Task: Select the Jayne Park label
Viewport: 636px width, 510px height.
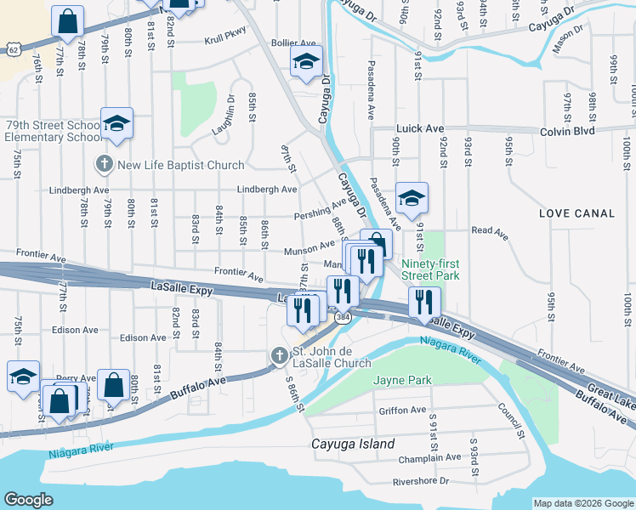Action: point(402,380)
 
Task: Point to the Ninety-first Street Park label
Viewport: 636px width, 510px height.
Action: point(430,269)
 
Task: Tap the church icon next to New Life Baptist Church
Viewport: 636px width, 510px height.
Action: point(105,164)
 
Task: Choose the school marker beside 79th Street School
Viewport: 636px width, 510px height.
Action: point(117,124)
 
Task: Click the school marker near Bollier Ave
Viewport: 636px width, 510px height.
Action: point(306,61)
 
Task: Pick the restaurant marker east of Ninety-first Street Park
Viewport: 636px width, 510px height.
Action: point(423,301)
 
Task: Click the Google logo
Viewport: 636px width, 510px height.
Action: point(29,500)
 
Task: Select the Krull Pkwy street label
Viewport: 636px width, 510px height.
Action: point(224,40)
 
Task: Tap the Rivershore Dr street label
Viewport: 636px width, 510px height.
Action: point(420,480)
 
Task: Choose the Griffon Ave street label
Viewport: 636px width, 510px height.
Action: point(403,410)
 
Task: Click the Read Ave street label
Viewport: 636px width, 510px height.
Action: point(483,229)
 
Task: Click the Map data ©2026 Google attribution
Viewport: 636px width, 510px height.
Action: point(582,502)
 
